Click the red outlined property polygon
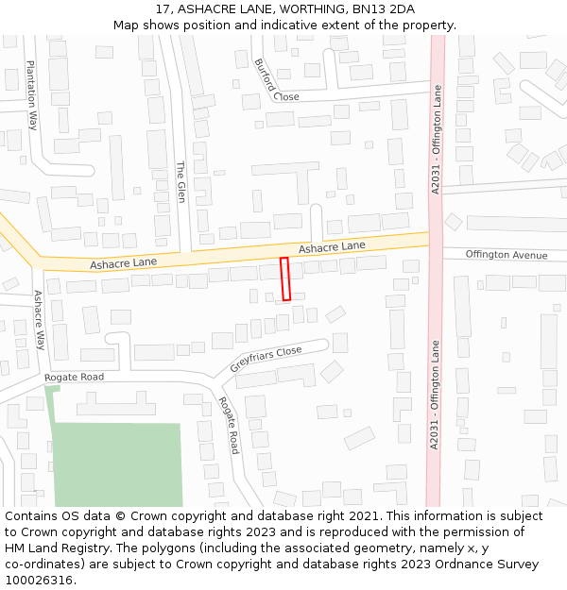pos(285,278)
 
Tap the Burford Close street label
pos(275,81)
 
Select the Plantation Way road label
pos(31,94)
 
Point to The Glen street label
pos(180,182)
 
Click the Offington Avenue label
pos(507,255)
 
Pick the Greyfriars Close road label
pos(266,359)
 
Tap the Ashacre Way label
pos(39,320)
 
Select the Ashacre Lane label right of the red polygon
pos(332,246)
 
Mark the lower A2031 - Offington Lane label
pos(435,396)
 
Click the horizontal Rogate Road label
pos(74,377)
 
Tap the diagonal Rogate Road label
pos(229,425)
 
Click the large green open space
pos(117,464)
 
